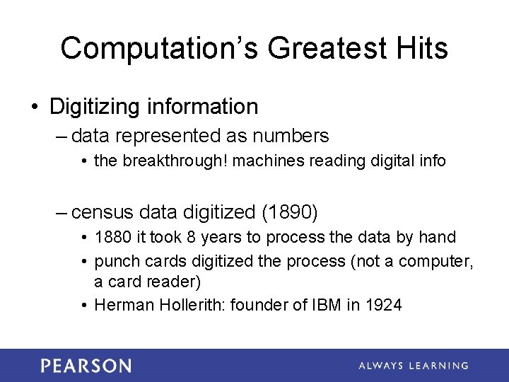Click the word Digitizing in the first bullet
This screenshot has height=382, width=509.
(x=95, y=107)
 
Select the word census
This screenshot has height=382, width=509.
(x=104, y=212)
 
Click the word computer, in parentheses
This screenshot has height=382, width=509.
(x=435, y=261)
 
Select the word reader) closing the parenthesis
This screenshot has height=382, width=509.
(x=175, y=282)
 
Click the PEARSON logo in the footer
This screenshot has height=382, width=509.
(x=86, y=366)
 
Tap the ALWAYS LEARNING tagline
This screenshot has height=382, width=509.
(x=413, y=366)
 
